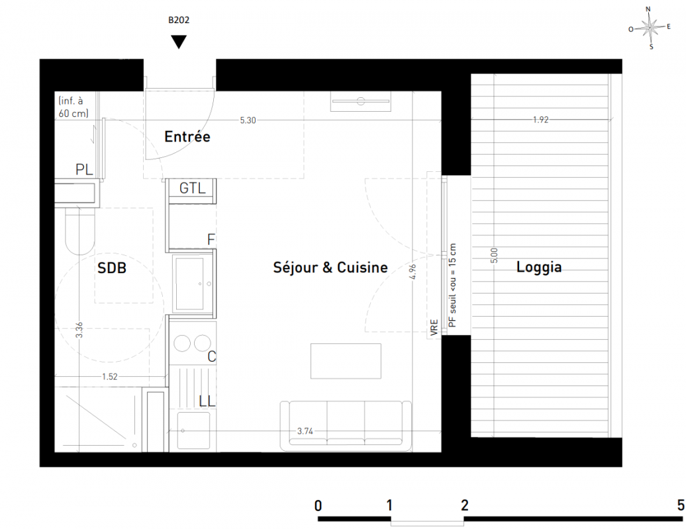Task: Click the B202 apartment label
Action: pos(179,20)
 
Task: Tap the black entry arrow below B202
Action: pos(179,42)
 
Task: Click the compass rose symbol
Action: pos(650,28)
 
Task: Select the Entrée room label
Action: pos(187,137)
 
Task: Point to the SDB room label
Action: pos(112,268)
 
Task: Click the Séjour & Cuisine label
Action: pos(330,267)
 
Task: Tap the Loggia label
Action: pos(539,267)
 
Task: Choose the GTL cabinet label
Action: pos(193,188)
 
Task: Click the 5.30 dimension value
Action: pos(248,120)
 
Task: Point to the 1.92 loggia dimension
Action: pos(541,120)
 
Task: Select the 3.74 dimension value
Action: pos(305,431)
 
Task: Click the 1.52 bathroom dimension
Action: pos(110,376)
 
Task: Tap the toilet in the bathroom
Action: pos(79,231)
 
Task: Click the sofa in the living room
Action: pos(346,426)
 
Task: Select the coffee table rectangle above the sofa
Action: pos(346,361)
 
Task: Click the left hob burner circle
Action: pos(183,343)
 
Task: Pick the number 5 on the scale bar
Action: pos(681,505)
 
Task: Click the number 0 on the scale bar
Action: pos(318,506)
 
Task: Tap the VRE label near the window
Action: pos(434,327)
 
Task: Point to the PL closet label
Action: pos(84,169)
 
